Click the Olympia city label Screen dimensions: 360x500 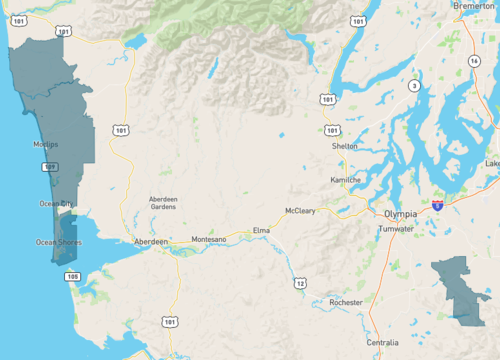tap(406, 214)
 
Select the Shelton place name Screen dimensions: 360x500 tap(344, 146)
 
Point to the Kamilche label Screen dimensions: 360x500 tap(345, 180)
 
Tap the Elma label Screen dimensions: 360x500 tap(261, 230)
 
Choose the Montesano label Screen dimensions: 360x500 tap(209, 240)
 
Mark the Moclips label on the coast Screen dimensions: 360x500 tap(45, 145)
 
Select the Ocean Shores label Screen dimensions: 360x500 tap(58, 242)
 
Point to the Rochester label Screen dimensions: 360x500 tap(343, 302)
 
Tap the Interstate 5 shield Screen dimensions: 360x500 tap(438, 204)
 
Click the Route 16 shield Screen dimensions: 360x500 tap(472, 61)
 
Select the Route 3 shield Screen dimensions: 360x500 tap(413, 86)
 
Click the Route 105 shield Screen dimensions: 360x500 tap(71, 276)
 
